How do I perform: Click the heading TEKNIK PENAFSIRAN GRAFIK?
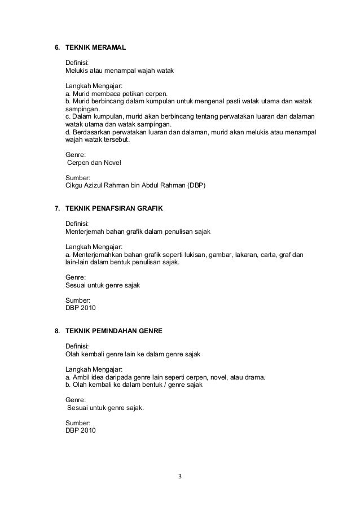click(x=114, y=208)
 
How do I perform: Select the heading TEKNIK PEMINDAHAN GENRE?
click(x=114, y=329)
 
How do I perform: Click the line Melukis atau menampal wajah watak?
click(x=120, y=71)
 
